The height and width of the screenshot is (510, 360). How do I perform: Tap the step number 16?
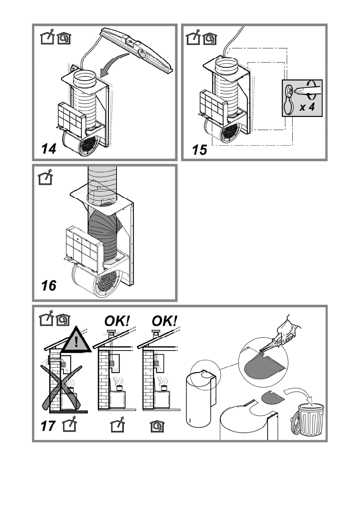[x=49, y=285]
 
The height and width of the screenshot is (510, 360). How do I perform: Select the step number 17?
[x=50, y=426]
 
